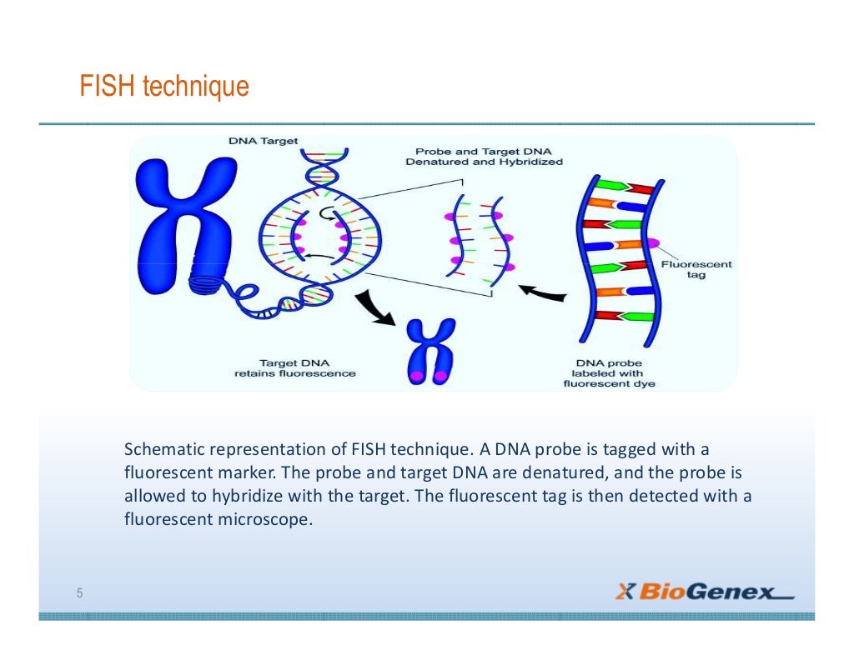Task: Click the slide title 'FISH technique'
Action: pos(164,86)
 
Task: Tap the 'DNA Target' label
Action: pos(263,141)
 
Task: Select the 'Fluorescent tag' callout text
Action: pos(684,269)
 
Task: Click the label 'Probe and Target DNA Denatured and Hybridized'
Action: pos(484,157)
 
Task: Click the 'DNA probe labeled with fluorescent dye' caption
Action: pos(609,373)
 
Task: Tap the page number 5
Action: pos(79,593)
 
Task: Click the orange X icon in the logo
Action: pos(625,592)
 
